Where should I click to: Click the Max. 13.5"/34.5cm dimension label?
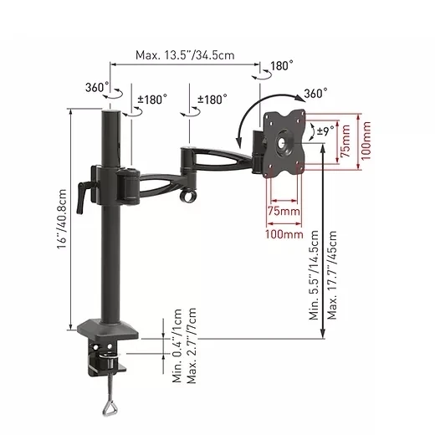(185, 55)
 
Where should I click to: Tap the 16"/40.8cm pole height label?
(62, 219)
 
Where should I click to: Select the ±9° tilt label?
(326, 130)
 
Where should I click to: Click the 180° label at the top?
(282, 66)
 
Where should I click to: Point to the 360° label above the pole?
(97, 87)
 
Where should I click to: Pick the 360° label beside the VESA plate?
(315, 94)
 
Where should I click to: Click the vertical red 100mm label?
(366, 141)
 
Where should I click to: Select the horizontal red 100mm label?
(284, 234)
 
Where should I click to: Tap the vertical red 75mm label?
(345, 141)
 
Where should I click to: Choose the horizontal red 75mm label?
(284, 211)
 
